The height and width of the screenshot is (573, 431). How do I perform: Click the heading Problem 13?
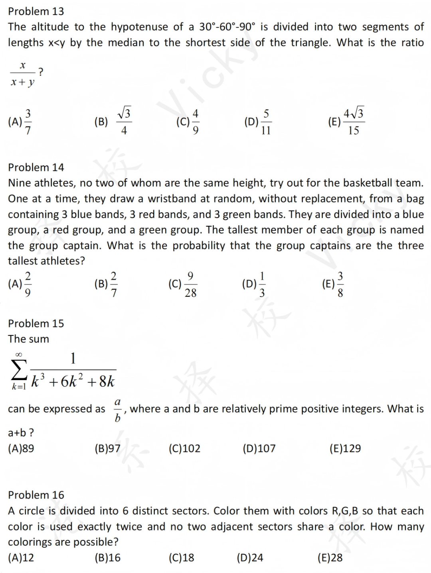[x=36, y=11]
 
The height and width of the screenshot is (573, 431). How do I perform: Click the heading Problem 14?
[x=36, y=167]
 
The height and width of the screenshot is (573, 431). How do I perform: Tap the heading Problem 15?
[x=36, y=324]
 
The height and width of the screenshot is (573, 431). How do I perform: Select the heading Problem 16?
[x=36, y=495]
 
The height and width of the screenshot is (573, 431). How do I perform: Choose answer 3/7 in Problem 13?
[x=20, y=122]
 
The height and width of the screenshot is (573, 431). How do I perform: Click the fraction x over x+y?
[x=23, y=74]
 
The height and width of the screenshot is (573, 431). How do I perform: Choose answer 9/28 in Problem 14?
[x=183, y=284]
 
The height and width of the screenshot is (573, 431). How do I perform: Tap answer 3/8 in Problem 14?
[x=333, y=284]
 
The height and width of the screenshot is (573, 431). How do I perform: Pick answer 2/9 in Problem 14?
[x=20, y=284]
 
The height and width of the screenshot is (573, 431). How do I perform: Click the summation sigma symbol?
[x=19, y=370]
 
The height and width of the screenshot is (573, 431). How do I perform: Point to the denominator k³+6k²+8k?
[x=73, y=381]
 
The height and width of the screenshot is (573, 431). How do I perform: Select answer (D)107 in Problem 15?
[x=259, y=449]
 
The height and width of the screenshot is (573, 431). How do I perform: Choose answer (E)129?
[x=345, y=449]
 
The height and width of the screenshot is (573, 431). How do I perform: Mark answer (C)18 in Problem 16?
[x=182, y=558]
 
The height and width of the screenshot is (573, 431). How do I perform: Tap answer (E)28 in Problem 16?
[x=330, y=558]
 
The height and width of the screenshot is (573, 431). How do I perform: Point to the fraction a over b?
[x=117, y=410]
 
